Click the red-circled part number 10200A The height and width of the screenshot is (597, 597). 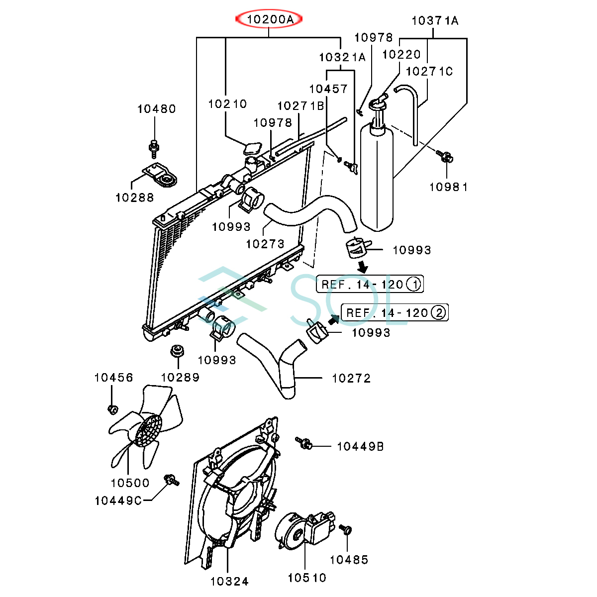pos(269,20)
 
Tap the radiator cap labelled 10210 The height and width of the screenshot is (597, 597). pos(252,148)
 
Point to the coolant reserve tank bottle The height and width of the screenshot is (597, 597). pos(377,179)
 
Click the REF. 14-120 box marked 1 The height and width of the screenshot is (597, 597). pos(370,284)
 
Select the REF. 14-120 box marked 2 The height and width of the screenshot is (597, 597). pos(395,312)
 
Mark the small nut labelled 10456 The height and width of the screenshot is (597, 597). pos(112,409)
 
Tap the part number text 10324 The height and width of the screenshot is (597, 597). pos(229,581)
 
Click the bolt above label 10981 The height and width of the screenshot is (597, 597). pos(445,157)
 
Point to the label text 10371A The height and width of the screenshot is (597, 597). pos(435,21)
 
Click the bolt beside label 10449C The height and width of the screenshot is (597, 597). pos(171,480)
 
